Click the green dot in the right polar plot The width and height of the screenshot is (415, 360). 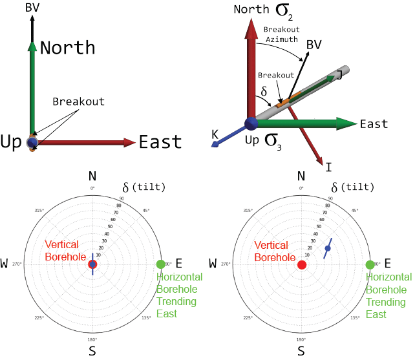[370, 264]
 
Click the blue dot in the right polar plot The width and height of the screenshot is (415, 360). [327, 249]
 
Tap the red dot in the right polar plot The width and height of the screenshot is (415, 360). [301, 264]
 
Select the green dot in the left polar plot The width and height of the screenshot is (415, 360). [161, 264]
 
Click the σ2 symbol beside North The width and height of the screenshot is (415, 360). [283, 11]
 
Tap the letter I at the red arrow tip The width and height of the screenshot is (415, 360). [329, 167]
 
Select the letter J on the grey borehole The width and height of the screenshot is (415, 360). [338, 76]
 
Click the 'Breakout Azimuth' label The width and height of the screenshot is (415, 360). [281, 35]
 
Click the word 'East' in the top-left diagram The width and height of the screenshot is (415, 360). [160, 142]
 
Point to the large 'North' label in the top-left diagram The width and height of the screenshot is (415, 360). [67, 48]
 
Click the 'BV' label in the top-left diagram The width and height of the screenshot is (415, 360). [32, 8]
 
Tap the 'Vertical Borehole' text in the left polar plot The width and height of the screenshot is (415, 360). [61, 251]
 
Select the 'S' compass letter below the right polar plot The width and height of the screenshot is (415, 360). [301, 351]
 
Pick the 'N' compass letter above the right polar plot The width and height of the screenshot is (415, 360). [301, 176]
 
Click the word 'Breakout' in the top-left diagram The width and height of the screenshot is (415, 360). [78, 101]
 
